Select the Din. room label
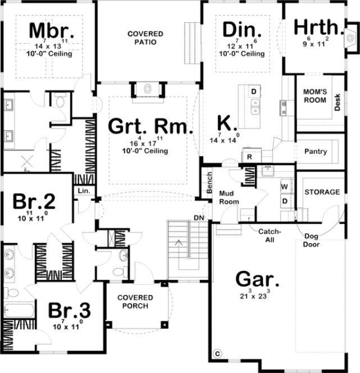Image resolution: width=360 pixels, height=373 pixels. point(242,29)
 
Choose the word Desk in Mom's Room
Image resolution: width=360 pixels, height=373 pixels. point(338,102)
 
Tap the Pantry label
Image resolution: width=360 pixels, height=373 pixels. point(315,152)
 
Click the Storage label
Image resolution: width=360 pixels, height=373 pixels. point(322,192)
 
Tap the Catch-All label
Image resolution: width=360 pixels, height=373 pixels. point(269,235)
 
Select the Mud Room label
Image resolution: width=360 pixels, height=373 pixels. point(230,197)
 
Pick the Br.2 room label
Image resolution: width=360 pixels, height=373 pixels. point(35,201)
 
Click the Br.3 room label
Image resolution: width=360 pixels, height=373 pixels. point(69,311)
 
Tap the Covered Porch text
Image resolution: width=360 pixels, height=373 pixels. point(133,302)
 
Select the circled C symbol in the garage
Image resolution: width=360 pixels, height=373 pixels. point(218,354)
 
